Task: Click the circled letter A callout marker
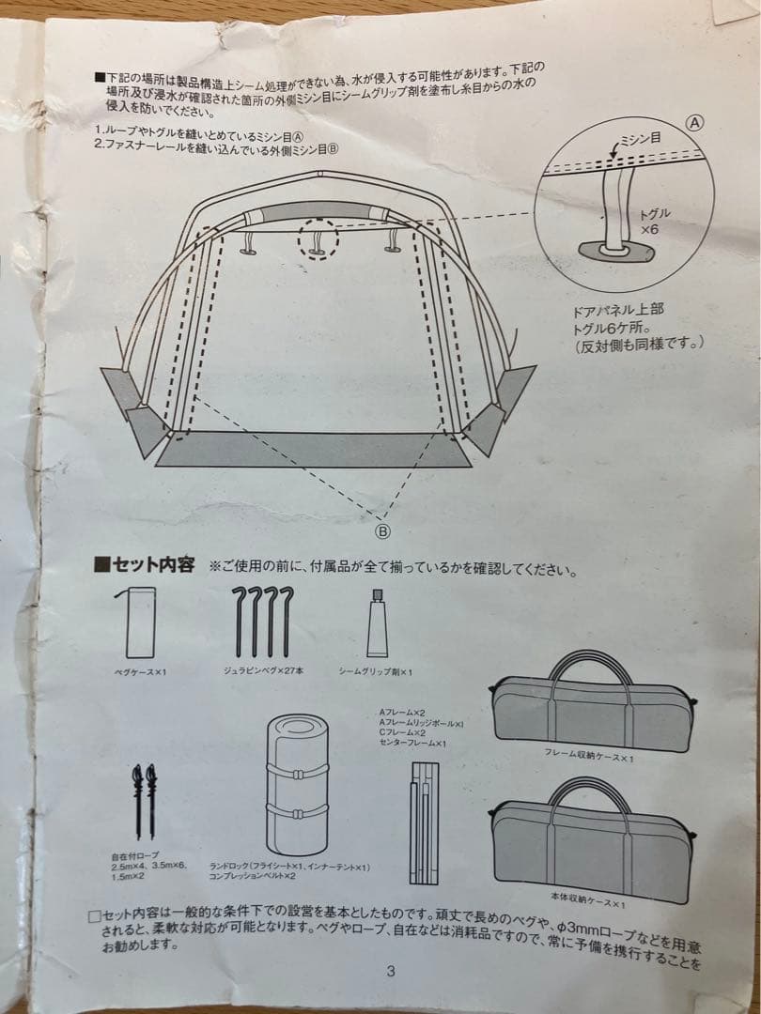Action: click(695, 123)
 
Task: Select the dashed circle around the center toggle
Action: click(318, 239)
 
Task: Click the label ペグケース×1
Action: click(139, 672)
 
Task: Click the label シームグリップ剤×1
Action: click(376, 672)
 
